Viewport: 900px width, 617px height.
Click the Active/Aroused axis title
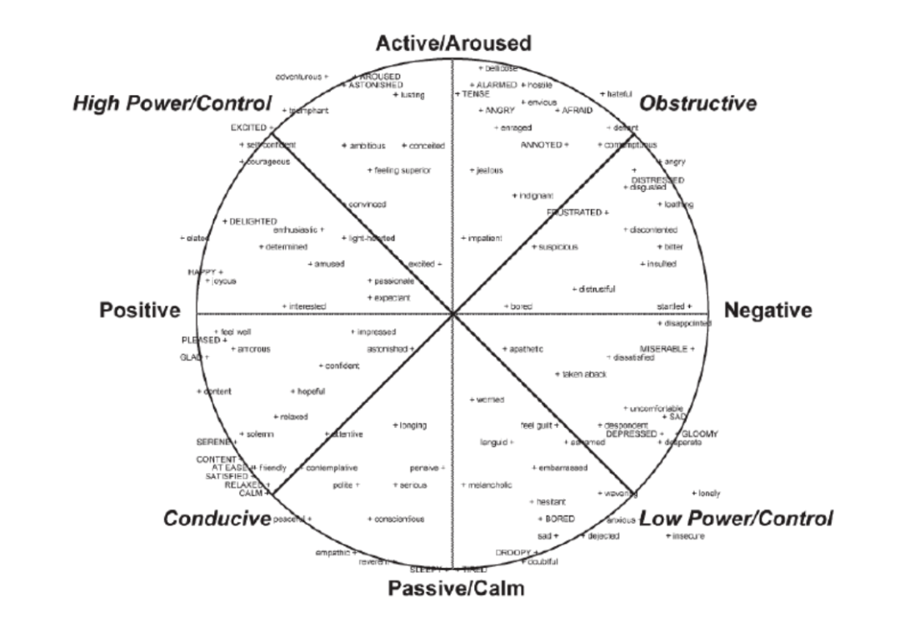[452, 42]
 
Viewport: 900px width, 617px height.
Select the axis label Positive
[140, 311]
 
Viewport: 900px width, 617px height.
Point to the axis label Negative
[767, 311]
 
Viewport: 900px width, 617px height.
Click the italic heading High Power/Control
[172, 103]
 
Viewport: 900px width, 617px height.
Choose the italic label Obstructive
[697, 103]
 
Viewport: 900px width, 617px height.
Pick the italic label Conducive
[217, 519]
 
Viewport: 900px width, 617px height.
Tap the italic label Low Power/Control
[736, 519]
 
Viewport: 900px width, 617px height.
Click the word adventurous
[298, 77]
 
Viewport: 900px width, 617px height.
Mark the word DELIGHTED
[252, 221]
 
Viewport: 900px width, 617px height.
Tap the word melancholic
[489, 485]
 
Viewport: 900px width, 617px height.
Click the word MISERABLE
[662, 347]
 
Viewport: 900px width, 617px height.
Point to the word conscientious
[399, 519]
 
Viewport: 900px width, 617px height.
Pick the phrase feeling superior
[401, 171]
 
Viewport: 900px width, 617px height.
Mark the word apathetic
[527, 348]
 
